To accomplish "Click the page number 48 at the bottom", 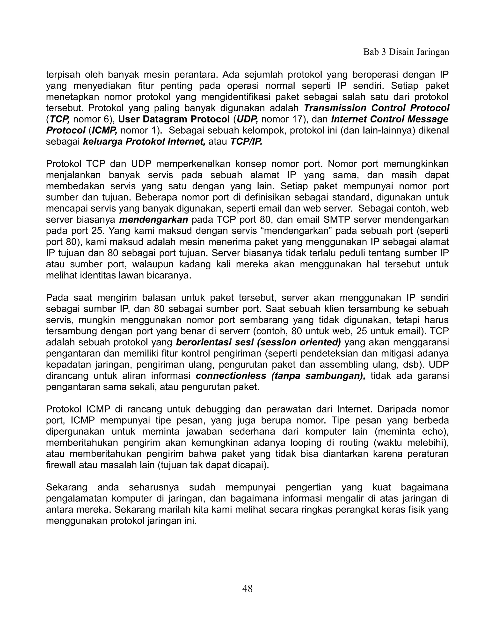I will [x=247, y=588].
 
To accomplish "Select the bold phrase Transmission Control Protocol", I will [x=376, y=108].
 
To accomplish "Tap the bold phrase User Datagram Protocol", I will [x=174, y=119].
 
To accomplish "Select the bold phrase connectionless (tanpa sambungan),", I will [x=281, y=376].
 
